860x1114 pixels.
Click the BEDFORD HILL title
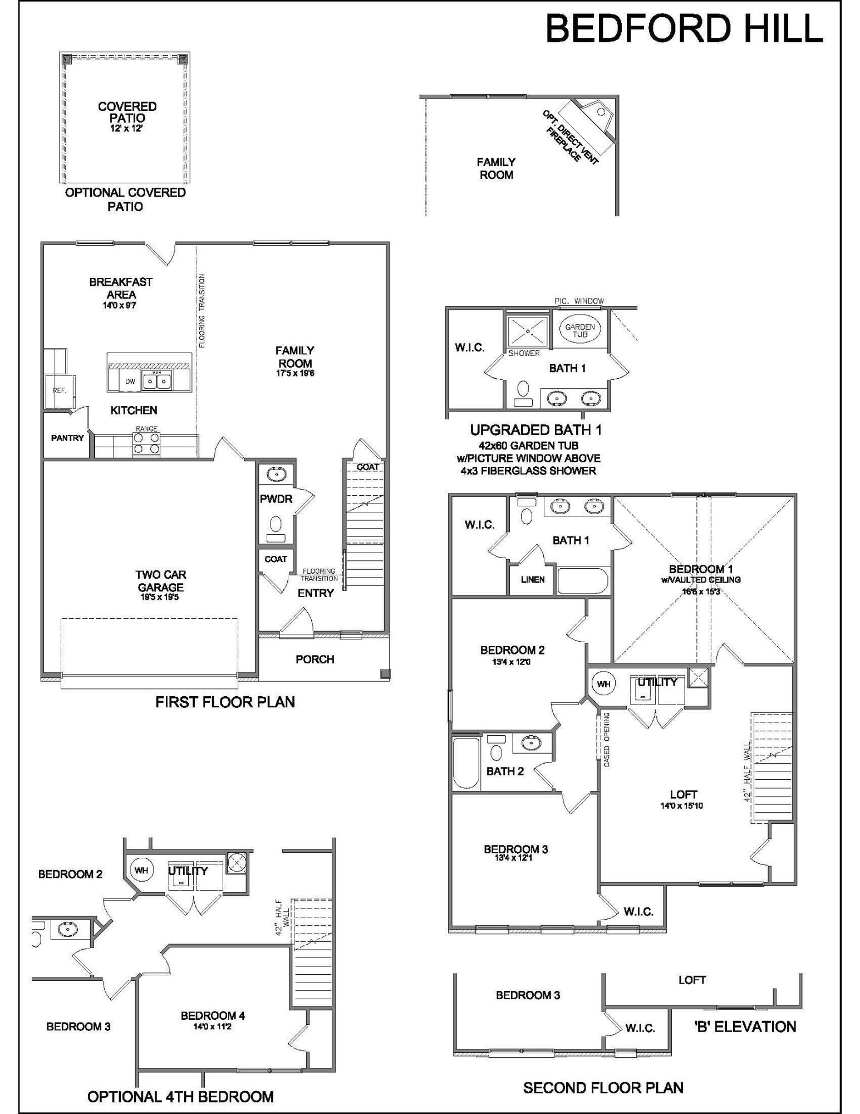[684, 29]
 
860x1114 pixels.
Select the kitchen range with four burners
[146, 444]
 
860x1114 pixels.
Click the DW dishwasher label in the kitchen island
[130, 382]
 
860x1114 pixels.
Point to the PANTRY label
[67, 438]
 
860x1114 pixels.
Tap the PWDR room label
[276, 499]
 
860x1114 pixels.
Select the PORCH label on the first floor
[315, 659]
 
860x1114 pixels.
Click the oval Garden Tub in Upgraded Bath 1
[580, 330]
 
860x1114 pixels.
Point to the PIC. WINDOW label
[579, 301]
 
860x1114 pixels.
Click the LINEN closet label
[533, 580]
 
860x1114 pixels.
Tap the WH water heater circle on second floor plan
[604, 683]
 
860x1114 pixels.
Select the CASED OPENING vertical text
[607, 739]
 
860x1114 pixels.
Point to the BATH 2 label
[505, 771]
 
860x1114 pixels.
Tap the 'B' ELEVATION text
[745, 1027]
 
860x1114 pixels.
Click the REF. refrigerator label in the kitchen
[60, 390]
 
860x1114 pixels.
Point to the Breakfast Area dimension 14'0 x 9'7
[120, 306]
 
